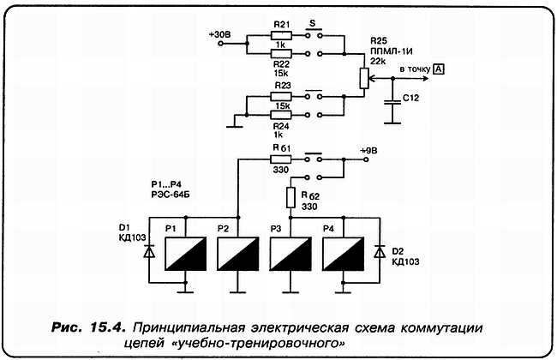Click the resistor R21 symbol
point(280,37)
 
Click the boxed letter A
point(438,69)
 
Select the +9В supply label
point(370,149)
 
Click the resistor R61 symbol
point(280,159)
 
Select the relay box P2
point(233,253)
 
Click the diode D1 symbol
point(148,253)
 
